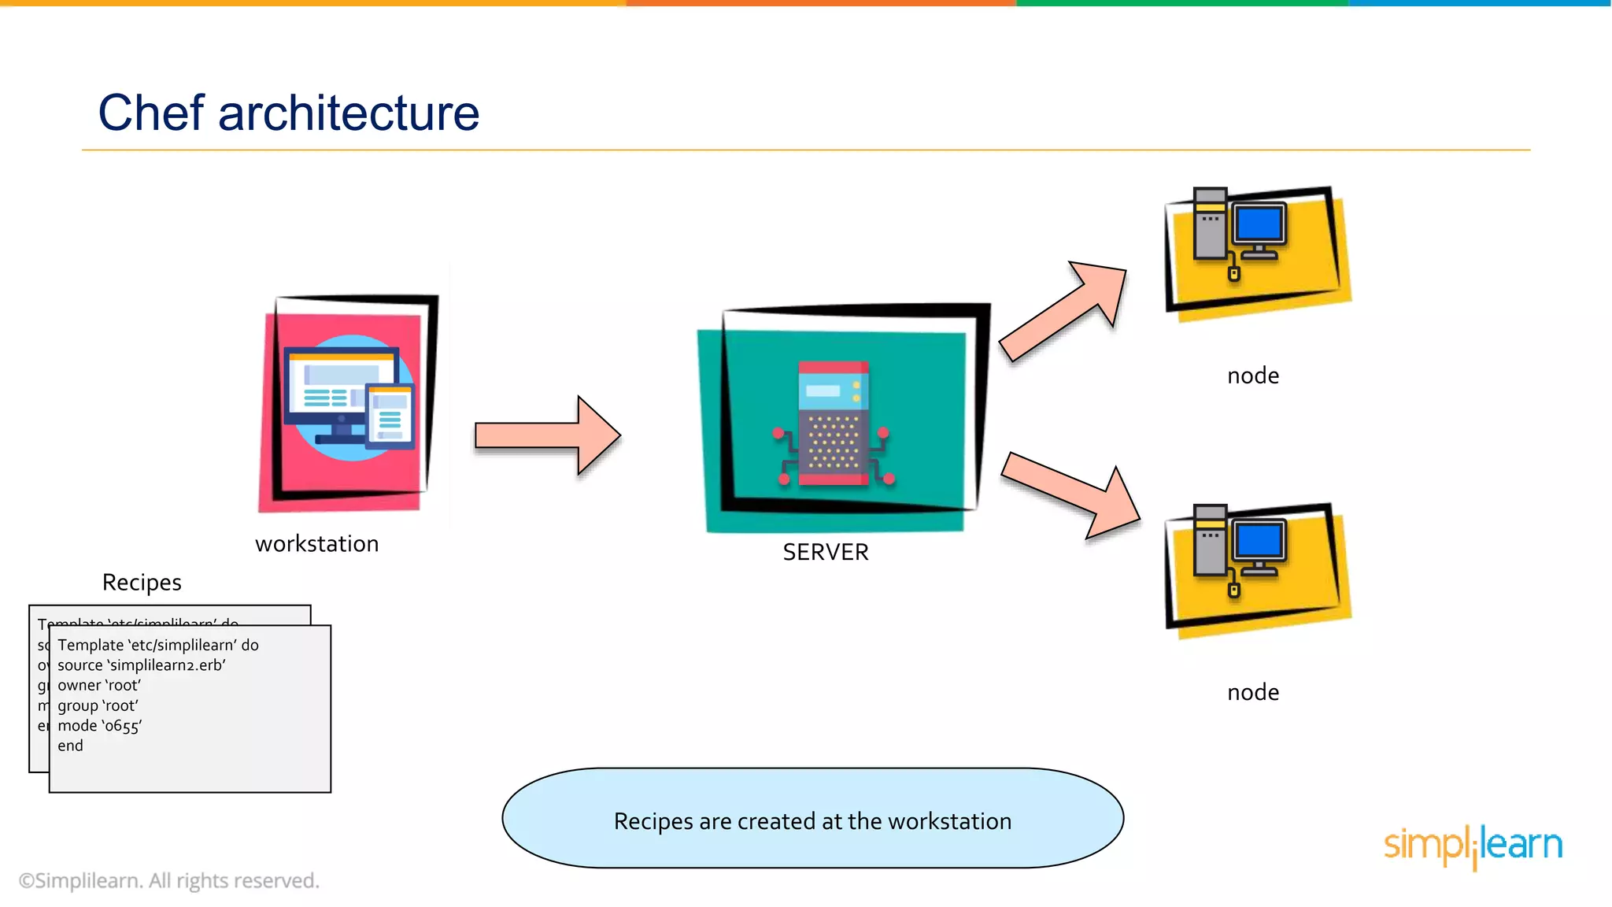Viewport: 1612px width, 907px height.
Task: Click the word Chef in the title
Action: point(151,113)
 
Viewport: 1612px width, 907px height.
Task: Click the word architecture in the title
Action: point(349,113)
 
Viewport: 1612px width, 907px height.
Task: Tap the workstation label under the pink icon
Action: point(316,543)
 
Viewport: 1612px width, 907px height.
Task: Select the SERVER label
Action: point(826,552)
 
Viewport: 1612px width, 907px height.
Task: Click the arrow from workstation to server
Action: point(547,435)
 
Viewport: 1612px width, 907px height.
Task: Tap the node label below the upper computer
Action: point(1253,376)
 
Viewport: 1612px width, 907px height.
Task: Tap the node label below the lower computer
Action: point(1253,692)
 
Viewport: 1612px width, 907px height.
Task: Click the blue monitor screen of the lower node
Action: point(1259,541)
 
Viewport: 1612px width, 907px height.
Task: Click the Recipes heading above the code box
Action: point(142,583)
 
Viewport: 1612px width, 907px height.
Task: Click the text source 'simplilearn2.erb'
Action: point(142,665)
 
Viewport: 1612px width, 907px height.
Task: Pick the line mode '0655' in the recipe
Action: point(100,726)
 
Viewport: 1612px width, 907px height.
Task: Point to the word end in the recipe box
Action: point(70,746)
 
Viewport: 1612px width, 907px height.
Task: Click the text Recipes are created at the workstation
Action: point(812,821)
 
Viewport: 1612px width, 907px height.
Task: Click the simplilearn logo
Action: point(1473,846)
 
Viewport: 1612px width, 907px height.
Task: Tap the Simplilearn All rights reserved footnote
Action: point(169,880)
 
